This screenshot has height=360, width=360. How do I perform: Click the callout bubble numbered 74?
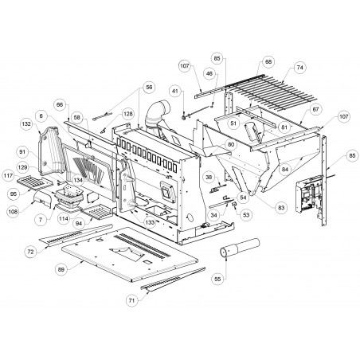pyautogui.click(x=299, y=68)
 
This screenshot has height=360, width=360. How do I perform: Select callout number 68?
pyautogui.click(x=268, y=61)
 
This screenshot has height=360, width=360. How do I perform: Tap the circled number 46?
pyautogui.click(x=209, y=73)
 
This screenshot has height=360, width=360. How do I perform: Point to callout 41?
pyautogui.click(x=175, y=92)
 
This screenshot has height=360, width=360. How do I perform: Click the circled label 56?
pyautogui.click(x=149, y=87)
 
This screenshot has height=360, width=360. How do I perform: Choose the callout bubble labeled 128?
pyautogui.click(x=128, y=114)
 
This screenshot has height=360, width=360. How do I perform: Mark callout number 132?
pyautogui.click(x=26, y=124)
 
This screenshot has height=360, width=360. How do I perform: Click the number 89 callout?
pyautogui.click(x=61, y=269)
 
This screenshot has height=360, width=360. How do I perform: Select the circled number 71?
pyautogui.click(x=131, y=300)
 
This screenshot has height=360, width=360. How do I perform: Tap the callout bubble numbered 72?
pyautogui.click(x=31, y=252)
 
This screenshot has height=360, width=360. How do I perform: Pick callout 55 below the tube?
pyautogui.click(x=217, y=279)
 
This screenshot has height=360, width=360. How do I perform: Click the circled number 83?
pyautogui.click(x=281, y=208)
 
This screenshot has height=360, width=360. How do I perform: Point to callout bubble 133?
pyautogui.click(x=150, y=222)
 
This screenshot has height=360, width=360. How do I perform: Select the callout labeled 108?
pyautogui.click(x=14, y=212)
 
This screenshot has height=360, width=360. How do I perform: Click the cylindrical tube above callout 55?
pyautogui.click(x=240, y=247)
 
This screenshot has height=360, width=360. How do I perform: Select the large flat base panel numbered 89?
pyautogui.click(x=130, y=253)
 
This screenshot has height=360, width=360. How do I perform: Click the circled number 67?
pyautogui.click(x=315, y=109)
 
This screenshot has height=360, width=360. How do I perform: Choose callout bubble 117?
pyautogui.click(x=8, y=176)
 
